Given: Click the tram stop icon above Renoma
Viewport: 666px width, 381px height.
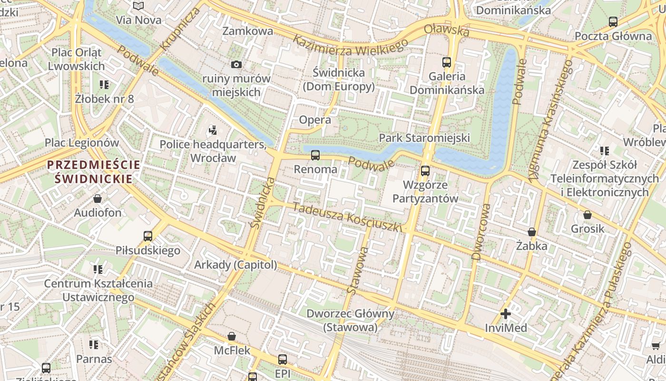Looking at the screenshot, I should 315,155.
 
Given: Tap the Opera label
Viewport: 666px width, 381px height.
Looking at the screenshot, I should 315,120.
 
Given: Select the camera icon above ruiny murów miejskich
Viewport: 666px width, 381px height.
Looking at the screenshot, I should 236,64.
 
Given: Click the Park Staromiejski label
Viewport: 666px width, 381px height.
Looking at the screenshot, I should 424,138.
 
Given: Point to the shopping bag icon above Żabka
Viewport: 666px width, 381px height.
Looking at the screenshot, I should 532,232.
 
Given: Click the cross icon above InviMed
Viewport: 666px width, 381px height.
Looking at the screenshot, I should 506,314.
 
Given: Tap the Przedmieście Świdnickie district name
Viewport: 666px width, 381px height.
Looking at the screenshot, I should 94,172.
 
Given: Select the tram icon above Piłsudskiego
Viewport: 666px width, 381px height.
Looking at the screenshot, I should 148,236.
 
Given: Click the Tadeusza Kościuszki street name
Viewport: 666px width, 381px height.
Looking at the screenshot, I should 347,217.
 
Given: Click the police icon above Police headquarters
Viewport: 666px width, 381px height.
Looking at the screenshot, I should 213,130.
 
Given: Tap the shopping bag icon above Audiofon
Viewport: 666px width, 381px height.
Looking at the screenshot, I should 98,198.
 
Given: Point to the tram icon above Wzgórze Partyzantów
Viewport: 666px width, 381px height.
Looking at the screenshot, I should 425,170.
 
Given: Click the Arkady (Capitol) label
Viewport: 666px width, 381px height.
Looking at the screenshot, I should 235,265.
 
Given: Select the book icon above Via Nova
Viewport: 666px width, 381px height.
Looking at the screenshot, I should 138,6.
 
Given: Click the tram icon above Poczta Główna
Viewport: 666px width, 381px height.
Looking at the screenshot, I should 613,21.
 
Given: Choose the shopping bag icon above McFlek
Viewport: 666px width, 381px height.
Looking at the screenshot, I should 232,336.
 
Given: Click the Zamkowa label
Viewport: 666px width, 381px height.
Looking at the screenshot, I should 248,31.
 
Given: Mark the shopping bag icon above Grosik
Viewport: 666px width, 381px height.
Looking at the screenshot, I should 588,215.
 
